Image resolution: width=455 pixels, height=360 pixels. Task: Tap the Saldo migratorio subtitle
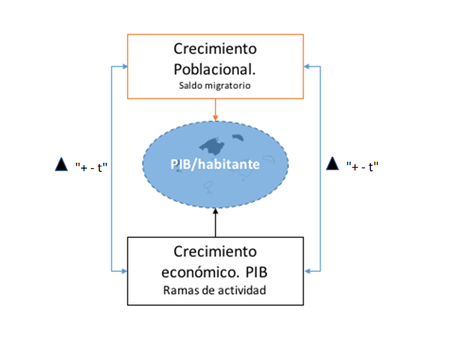click(215, 85)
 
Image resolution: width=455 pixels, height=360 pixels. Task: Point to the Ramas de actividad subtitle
click(214, 290)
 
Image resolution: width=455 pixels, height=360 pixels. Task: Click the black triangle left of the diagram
click(61, 165)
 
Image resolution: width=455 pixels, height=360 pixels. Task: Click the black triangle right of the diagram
click(332, 164)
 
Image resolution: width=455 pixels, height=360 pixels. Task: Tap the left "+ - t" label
click(91, 166)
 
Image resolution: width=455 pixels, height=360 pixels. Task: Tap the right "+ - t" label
click(362, 166)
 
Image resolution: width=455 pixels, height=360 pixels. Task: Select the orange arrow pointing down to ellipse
click(215, 109)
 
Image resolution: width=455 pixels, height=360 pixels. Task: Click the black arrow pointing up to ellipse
click(215, 221)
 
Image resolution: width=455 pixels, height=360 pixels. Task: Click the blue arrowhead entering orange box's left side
click(124, 66)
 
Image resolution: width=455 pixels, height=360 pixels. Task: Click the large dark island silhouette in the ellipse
click(212, 145)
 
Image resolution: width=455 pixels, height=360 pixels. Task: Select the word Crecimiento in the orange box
click(215, 48)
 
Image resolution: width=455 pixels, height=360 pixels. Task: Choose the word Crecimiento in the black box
click(215, 251)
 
